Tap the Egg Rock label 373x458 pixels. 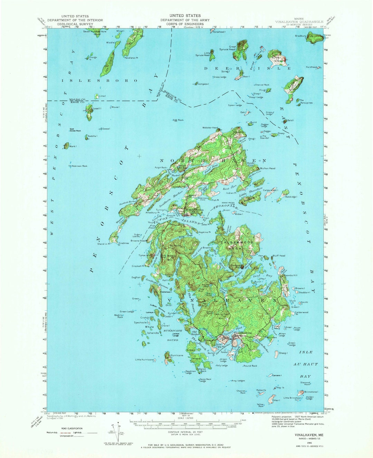(x=178, y=120)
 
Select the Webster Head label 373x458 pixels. (x=210, y=128)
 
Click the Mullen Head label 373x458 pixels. (x=267, y=168)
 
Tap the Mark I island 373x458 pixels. (x=66, y=146)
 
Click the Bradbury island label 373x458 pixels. (x=300, y=36)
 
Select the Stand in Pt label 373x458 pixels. (x=104, y=244)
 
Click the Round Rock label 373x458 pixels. (x=250, y=366)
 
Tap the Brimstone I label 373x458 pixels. (x=311, y=392)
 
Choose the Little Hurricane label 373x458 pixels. (x=144, y=360)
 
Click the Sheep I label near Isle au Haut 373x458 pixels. (x=283, y=353)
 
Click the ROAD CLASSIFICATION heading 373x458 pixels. (x=72, y=428)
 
